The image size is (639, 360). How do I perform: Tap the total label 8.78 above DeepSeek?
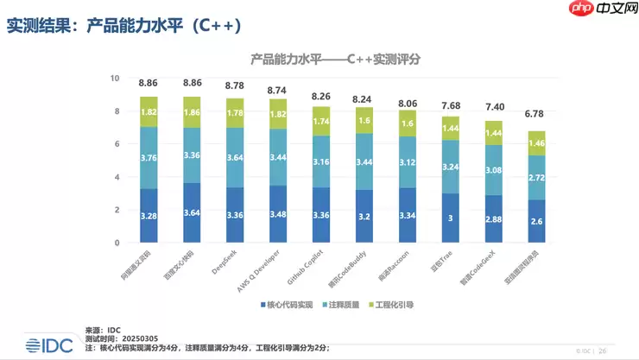pos(234,86)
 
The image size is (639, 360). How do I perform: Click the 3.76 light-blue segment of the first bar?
pos(149,157)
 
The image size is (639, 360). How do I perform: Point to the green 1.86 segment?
pos(192,112)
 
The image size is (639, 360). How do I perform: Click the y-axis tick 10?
pos(113,79)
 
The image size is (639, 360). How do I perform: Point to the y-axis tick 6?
pos(115,144)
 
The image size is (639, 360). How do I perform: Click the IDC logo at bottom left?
pos(42,342)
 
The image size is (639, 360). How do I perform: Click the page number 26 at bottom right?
pos(603,351)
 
